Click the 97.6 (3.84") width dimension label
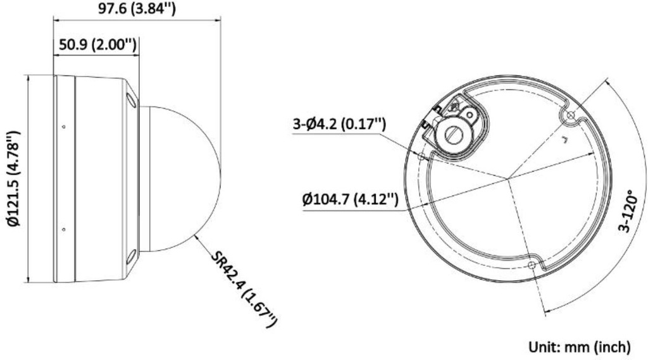[x=137, y=9]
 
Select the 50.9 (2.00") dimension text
[x=97, y=44]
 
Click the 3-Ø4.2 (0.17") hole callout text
[x=339, y=124]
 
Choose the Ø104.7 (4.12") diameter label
[x=351, y=200]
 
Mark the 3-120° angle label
[x=626, y=211]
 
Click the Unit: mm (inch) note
[x=580, y=347]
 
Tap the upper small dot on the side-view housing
[x=64, y=127]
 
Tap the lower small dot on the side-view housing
[x=64, y=230]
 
